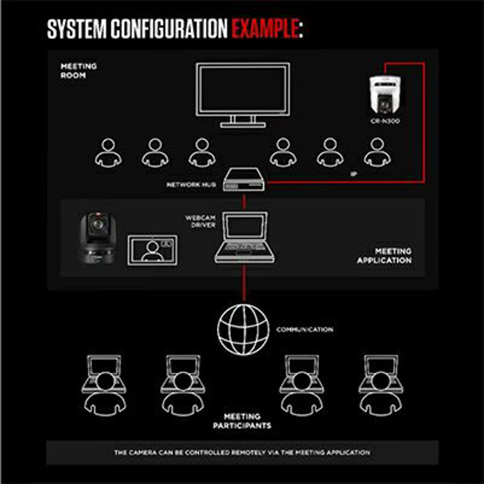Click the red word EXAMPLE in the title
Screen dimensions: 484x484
click(265, 29)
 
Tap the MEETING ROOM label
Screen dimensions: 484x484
click(79, 70)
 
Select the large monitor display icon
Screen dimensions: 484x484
click(243, 95)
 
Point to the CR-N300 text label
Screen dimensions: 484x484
click(385, 121)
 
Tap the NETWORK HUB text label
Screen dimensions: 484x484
click(191, 185)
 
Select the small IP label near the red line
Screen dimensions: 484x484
click(354, 174)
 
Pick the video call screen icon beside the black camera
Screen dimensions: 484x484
click(152, 250)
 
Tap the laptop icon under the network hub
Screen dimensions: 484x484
click(244, 237)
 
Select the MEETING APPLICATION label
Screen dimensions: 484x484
click(384, 256)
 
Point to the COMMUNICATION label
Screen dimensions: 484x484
click(305, 329)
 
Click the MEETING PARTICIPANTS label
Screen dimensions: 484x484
click(242, 421)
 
